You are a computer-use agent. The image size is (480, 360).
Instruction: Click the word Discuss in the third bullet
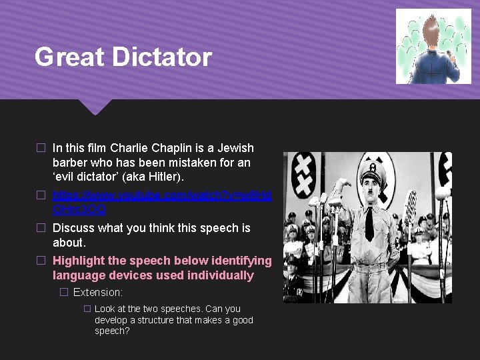75,228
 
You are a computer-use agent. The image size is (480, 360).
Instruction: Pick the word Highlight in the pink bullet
81,261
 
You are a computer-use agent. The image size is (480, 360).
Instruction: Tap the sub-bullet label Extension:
98,292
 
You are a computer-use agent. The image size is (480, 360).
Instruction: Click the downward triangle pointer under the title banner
95,107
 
